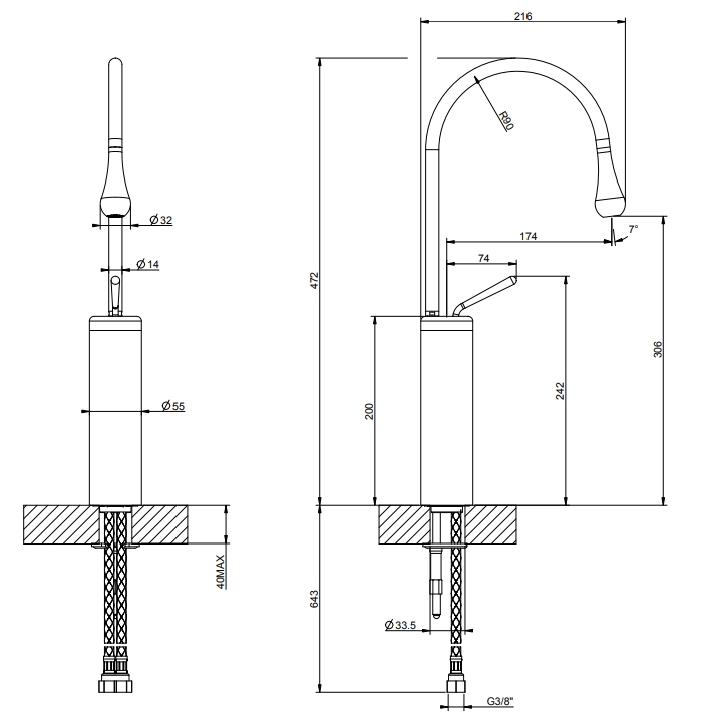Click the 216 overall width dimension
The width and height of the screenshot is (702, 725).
tap(523, 16)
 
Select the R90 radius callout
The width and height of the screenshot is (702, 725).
tap(506, 120)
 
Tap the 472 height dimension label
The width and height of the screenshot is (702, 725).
tap(314, 281)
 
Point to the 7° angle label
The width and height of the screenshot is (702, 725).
tap(633, 228)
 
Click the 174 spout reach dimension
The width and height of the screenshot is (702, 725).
tap(528, 236)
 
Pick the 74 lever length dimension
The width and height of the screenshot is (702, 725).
tap(483, 258)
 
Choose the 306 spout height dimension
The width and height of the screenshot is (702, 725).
tap(658, 349)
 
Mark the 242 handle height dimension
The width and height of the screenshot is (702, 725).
tap(560, 391)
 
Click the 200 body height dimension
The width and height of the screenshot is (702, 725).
tap(369, 411)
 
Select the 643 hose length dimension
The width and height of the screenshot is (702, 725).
tap(314, 599)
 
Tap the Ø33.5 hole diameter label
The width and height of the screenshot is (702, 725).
tap(400, 626)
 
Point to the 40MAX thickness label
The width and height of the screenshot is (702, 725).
tap(221, 572)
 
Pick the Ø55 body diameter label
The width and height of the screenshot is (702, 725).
tap(173, 406)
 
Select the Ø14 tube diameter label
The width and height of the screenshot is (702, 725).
tap(148, 264)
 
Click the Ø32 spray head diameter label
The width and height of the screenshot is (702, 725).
tap(161, 220)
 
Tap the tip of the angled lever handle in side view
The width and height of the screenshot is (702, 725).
tap(514, 278)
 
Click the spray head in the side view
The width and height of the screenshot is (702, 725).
tap(610, 185)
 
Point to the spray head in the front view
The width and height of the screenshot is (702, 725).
tap(115, 185)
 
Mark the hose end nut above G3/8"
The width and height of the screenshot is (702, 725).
tap(456, 685)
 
